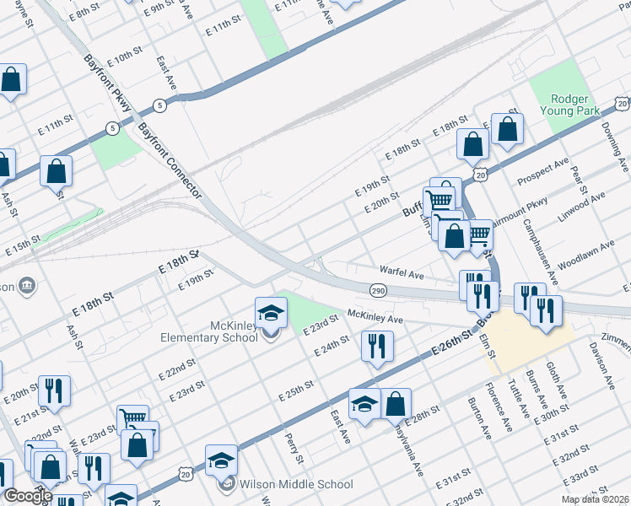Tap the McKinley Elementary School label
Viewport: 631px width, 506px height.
click(x=209, y=332)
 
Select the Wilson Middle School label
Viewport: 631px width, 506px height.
click(x=296, y=485)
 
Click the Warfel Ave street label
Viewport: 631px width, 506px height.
click(x=402, y=274)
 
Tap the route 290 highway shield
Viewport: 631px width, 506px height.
click(x=377, y=290)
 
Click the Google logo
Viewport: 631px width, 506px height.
click(x=27, y=496)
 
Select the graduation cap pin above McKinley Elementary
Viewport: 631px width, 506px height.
click(x=272, y=313)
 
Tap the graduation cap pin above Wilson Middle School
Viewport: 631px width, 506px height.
click(x=221, y=460)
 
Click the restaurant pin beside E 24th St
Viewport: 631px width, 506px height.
click(x=377, y=345)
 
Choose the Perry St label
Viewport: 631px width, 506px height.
click(x=294, y=449)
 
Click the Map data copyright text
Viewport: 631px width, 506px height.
click(x=595, y=499)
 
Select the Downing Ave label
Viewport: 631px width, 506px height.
click(x=617, y=147)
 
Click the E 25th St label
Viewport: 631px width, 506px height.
click(x=296, y=390)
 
